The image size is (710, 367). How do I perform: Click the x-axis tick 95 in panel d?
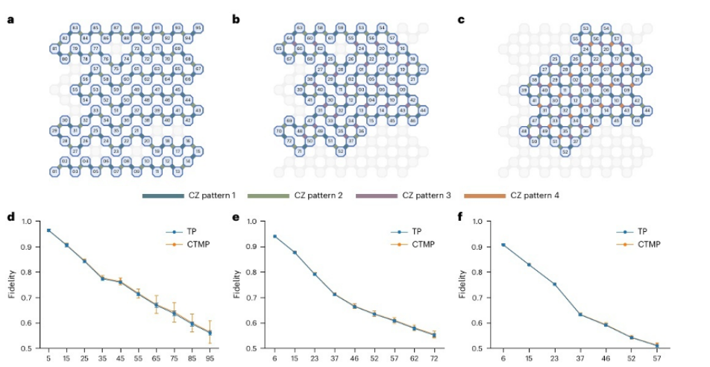(x=210, y=359)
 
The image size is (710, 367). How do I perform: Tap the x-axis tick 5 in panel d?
(x=48, y=359)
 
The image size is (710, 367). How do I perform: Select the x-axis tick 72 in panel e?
(x=434, y=359)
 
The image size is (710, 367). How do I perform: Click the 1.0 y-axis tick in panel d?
(x=27, y=222)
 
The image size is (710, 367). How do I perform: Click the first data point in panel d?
(x=48, y=230)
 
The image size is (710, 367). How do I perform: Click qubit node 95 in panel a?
(x=198, y=28)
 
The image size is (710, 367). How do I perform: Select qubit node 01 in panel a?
(x=55, y=172)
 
